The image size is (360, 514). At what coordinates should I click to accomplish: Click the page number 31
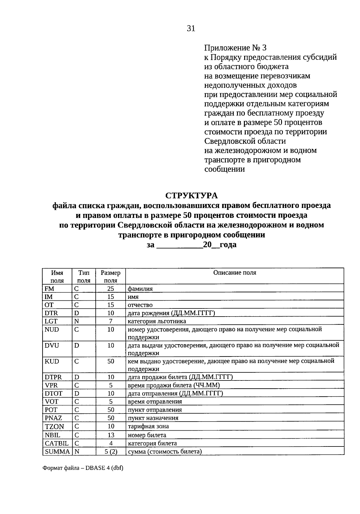tap(191, 29)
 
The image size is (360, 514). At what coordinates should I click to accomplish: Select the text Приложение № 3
tap(235, 48)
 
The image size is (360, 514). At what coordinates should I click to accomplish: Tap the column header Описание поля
tap(235, 273)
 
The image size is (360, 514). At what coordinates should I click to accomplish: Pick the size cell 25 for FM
tap(111, 289)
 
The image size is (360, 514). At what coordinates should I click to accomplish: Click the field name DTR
tap(51, 313)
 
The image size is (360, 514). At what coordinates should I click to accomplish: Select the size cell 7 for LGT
tap(111, 321)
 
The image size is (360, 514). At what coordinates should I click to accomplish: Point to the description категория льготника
tap(157, 321)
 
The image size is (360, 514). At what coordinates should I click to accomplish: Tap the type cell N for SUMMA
tap(77, 451)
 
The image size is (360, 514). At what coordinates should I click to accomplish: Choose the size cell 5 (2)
tap(111, 451)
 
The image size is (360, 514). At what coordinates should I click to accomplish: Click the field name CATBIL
tap(57, 443)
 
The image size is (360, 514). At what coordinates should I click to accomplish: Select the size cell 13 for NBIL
tap(111, 435)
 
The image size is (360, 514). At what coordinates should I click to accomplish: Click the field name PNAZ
tap(53, 418)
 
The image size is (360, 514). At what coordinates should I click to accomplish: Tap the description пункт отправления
tap(155, 410)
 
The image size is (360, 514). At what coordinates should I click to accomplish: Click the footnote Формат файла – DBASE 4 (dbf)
tap(83, 468)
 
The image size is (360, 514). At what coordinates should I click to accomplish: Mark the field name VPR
tap(51, 385)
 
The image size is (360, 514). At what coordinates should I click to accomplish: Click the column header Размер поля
tap(111, 277)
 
